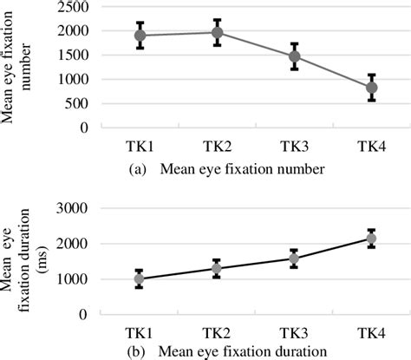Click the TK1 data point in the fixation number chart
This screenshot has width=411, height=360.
pyautogui.click(x=140, y=36)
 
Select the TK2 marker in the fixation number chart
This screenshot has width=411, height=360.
pyautogui.click(x=217, y=33)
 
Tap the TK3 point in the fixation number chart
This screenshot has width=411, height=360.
pyautogui.click(x=294, y=56)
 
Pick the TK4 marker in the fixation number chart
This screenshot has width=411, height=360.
pyautogui.click(x=372, y=88)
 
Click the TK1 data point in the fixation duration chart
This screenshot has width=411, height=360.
pyautogui.click(x=140, y=279)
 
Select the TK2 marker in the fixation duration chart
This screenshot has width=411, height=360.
pyautogui.click(x=217, y=269)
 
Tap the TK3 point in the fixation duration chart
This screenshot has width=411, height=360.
pyautogui.click(x=294, y=259)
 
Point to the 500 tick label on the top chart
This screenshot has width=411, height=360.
pyautogui.click(x=77, y=103)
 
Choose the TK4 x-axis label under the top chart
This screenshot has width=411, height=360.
pyautogui.click(x=372, y=147)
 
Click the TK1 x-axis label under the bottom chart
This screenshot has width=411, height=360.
pyautogui.click(x=140, y=334)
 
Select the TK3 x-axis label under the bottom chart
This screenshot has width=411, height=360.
pyautogui.click(x=294, y=334)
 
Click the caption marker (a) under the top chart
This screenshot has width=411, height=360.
pyautogui.click(x=136, y=169)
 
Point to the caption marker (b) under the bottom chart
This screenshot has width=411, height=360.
pyautogui.click(x=136, y=352)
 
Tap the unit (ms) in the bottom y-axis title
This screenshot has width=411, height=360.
pyautogui.click(x=43, y=260)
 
